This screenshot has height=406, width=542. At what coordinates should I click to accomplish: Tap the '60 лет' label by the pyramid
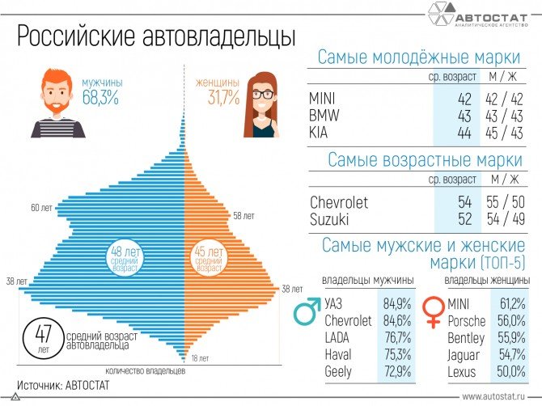[x=42, y=208]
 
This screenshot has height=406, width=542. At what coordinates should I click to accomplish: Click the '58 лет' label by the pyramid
[x=243, y=216]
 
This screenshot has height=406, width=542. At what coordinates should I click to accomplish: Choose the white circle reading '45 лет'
[x=208, y=259]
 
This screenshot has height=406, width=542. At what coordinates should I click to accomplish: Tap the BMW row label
[x=324, y=116]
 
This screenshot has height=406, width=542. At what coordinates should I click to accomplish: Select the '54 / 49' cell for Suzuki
[x=504, y=219]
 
